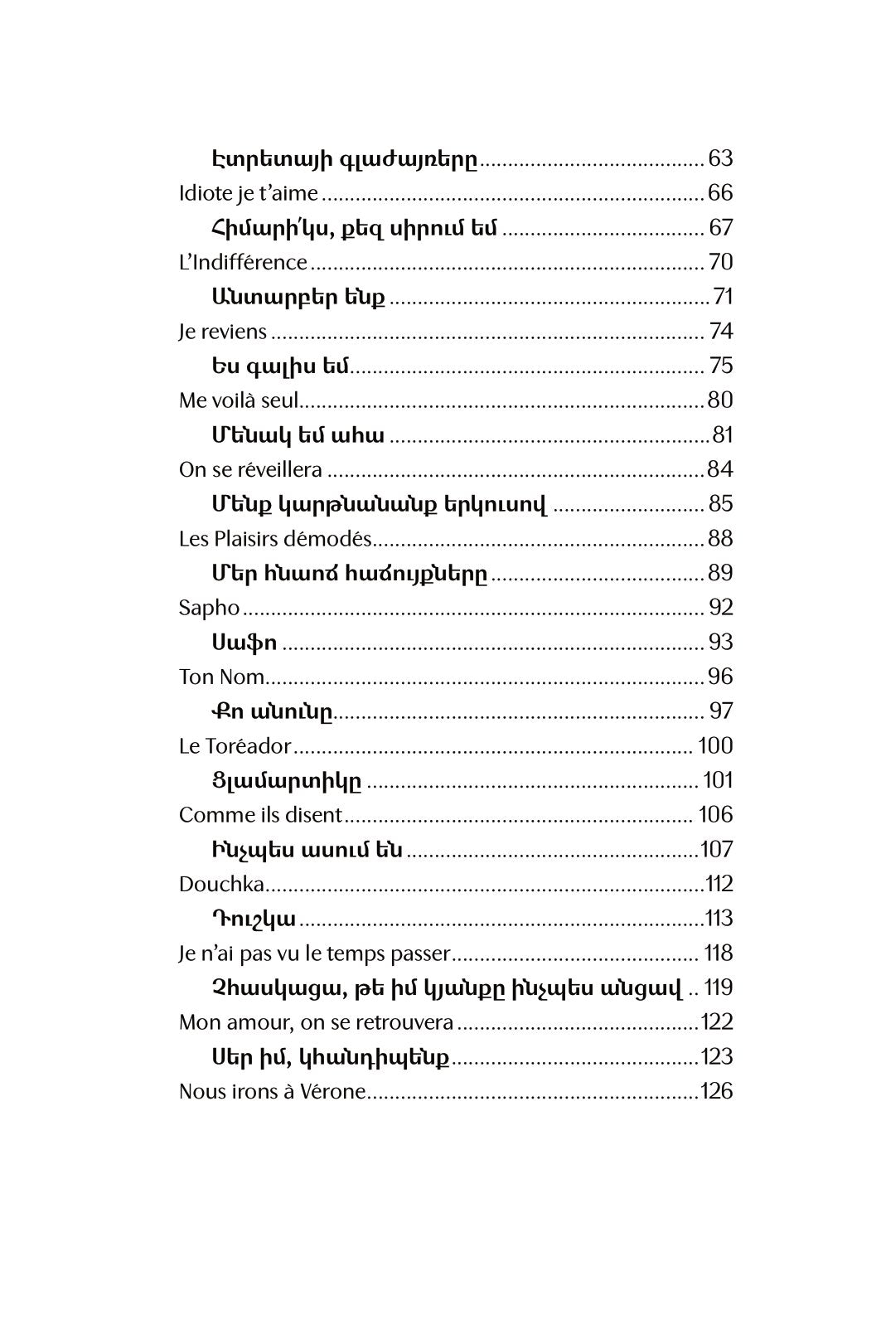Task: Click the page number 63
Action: point(721,158)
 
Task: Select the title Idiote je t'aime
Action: point(248,193)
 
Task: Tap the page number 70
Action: point(721,262)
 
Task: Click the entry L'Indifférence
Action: point(243,262)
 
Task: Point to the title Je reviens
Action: point(222,332)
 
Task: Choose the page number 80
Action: point(720,400)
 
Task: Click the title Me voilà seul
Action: point(238,400)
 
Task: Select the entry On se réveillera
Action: point(250,469)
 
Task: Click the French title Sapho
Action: point(209,608)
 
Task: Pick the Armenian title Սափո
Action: point(244,643)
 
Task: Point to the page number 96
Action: point(720,677)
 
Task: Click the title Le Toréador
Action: point(235,746)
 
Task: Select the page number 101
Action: point(718,780)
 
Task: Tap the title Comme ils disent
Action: point(259,815)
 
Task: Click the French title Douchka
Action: point(221,884)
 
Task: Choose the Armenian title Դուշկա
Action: point(254,919)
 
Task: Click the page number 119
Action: point(718,987)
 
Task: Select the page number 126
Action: point(717,1091)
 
